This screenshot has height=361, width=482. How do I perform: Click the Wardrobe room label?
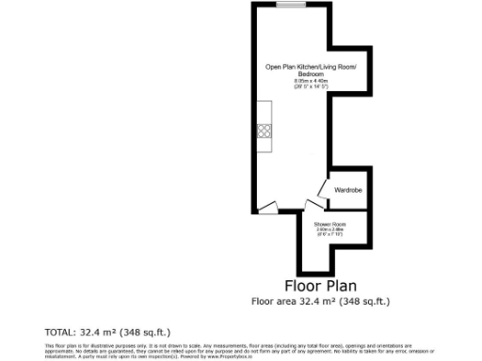pyautogui.click(x=347, y=191)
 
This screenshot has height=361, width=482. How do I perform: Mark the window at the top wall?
pyautogui.click(x=292, y=6)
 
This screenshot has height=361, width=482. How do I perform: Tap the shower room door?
pyautogui.click(x=314, y=207)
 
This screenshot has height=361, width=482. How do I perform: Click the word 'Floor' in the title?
pyautogui.click(x=301, y=285)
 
